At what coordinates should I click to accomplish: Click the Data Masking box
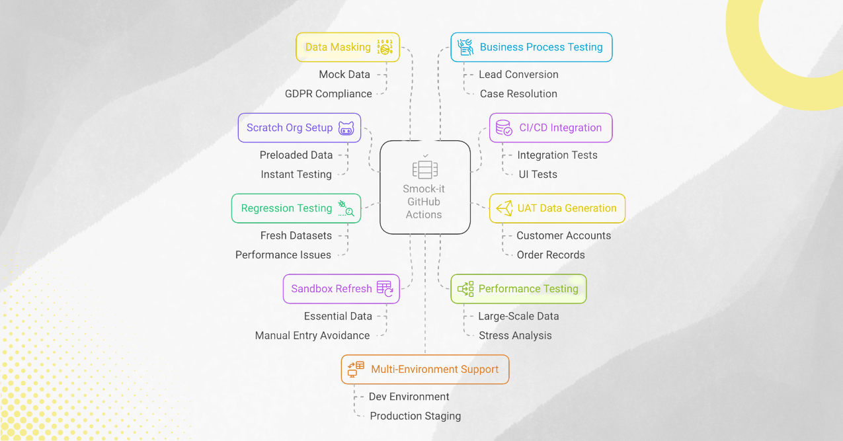(347, 48)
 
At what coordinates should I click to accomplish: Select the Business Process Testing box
(531, 48)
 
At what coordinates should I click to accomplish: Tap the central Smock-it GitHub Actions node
(424, 187)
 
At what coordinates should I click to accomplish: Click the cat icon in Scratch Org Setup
(346, 128)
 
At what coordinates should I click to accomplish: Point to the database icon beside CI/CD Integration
(503, 128)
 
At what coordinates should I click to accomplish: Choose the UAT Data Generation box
(557, 208)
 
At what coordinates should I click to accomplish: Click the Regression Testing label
(286, 208)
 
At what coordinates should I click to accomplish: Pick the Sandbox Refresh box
(341, 289)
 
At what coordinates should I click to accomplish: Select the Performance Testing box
(518, 289)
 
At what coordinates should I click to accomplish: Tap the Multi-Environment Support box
(425, 370)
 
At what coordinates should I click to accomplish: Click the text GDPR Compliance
(328, 94)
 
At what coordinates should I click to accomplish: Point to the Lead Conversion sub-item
(518, 75)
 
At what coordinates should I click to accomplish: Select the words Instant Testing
(296, 175)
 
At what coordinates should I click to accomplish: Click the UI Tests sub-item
(538, 175)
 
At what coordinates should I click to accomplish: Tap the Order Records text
(551, 255)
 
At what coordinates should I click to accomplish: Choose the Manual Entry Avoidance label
(312, 336)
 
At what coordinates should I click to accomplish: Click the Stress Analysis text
(515, 336)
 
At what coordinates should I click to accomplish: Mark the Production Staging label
(415, 417)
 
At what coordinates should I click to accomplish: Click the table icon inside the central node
(424, 170)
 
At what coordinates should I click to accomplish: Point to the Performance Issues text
(283, 255)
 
